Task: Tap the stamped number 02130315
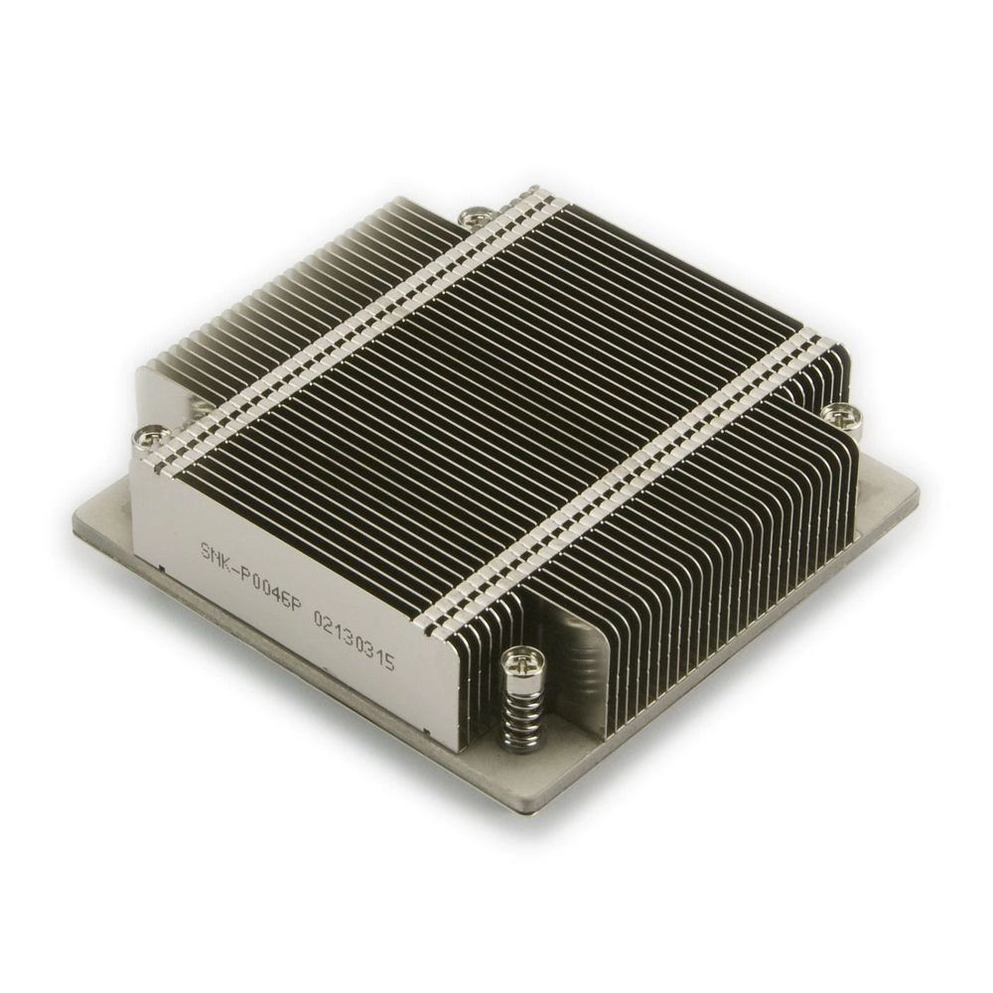354,646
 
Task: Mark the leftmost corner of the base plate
74,520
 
